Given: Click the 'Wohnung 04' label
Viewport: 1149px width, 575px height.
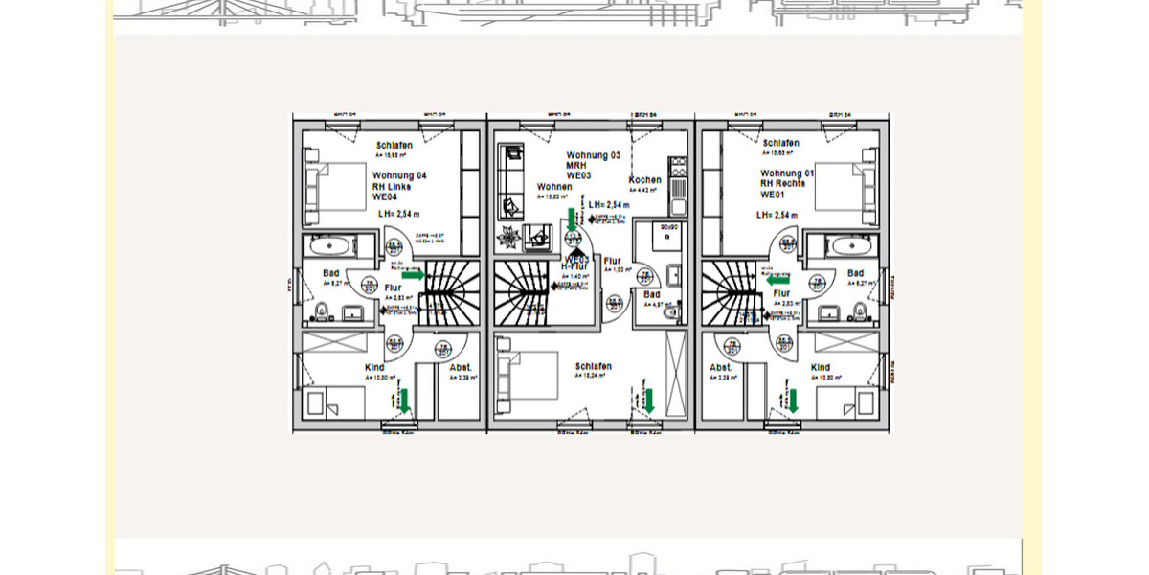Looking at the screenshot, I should (399, 176).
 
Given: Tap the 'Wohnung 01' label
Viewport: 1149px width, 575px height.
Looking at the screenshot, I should (787, 173).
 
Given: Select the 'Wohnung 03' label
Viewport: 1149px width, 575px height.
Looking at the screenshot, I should (593, 155).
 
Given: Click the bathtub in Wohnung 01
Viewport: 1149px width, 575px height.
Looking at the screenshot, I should (849, 246).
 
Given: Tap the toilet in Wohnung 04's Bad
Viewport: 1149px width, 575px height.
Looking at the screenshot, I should (323, 311).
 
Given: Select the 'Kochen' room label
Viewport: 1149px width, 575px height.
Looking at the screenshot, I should (644, 180).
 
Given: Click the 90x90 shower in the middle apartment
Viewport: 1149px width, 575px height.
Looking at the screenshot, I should (659, 240).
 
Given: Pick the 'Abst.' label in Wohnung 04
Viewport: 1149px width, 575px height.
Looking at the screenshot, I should (461, 368).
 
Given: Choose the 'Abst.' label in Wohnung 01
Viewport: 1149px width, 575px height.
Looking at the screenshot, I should (721, 368).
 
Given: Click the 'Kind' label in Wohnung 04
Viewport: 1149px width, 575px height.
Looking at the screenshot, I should (374, 368).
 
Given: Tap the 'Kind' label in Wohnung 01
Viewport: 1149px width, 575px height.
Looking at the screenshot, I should (821, 368).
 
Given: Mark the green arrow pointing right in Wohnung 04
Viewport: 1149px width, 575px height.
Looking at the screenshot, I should (413, 275).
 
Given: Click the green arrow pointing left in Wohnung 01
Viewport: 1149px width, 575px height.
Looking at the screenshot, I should (777, 280).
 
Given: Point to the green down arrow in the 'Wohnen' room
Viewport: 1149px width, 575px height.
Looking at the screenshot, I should (572, 220).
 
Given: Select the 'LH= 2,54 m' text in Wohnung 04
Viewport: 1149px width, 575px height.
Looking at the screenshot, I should (398, 215).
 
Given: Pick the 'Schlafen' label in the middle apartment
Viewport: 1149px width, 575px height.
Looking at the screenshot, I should (593, 367).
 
